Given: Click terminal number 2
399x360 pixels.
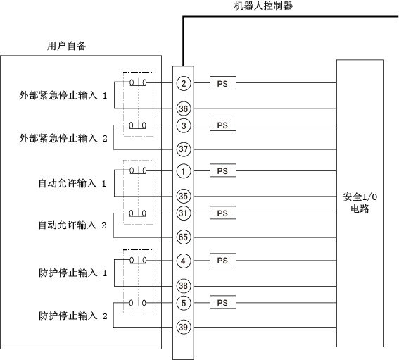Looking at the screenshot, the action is (184, 83).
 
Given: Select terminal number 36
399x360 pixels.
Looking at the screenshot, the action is (184, 108).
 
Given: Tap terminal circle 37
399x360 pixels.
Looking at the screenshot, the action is (184, 149).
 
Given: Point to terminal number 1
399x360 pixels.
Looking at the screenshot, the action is (184, 171).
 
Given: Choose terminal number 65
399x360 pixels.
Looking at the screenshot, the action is (184, 237).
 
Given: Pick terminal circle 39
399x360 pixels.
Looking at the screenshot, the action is (184, 327).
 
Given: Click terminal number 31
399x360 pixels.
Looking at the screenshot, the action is (184, 213).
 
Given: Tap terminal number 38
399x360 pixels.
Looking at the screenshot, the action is (184, 286).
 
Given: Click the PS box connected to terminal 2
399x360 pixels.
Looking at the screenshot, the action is (223, 83).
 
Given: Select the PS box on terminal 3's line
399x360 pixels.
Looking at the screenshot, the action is (223, 125).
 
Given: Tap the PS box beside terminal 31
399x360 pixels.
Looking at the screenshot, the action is (223, 213).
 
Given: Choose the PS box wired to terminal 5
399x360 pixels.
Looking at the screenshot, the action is (223, 302).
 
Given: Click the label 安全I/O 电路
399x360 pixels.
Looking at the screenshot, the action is (360, 203).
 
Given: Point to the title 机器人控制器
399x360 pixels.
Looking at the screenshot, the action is (263, 6).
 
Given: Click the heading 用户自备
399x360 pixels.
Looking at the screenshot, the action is (66, 46).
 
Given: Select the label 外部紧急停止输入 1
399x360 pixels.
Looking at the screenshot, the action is (63, 96).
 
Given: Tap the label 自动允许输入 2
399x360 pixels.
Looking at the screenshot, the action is (72, 225).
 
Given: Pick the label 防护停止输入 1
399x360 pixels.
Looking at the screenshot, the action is (72, 273).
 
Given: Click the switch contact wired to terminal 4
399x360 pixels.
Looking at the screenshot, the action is (138, 260).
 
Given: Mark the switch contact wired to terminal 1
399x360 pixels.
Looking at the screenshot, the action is (138, 170).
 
